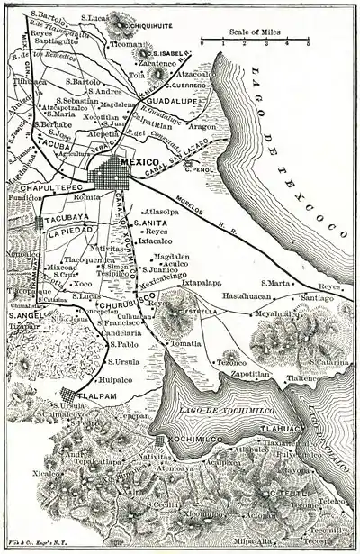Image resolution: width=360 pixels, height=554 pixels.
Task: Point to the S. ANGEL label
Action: click(x=24, y=315)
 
